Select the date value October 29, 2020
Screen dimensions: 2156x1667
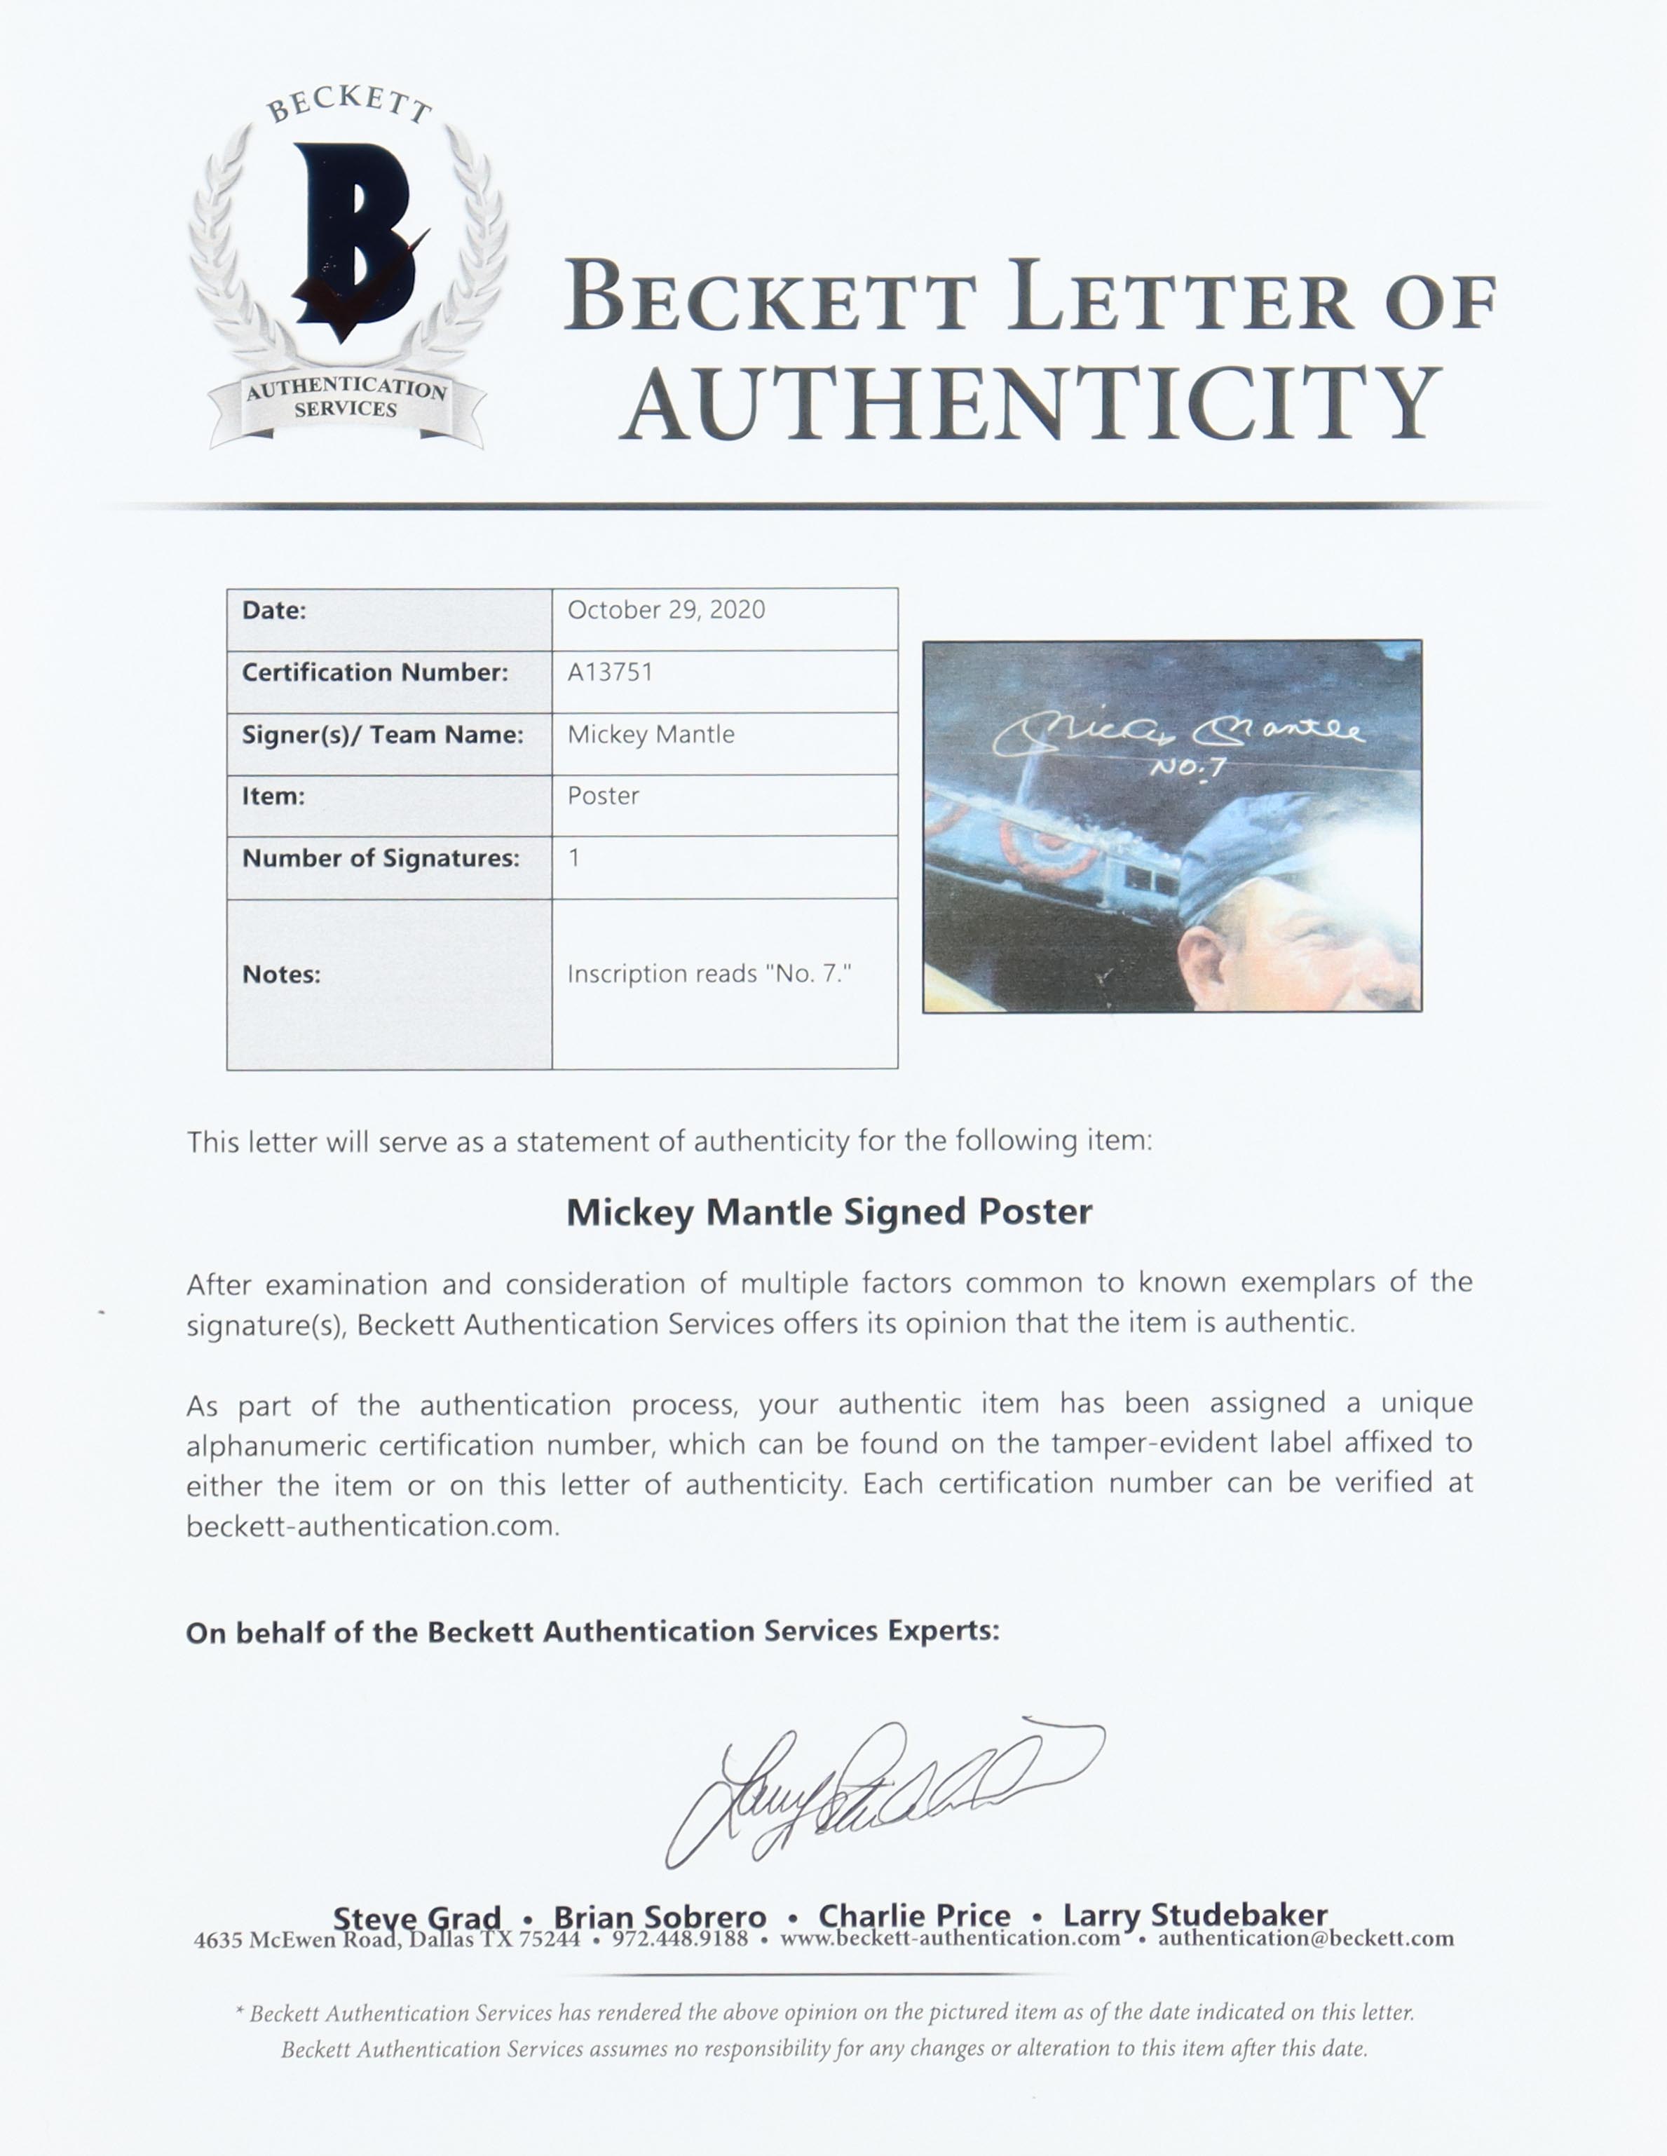click(x=666, y=610)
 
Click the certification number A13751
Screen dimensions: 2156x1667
click(x=610, y=672)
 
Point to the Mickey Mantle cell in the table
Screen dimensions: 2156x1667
click(x=651, y=735)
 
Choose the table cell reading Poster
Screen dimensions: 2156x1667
click(x=603, y=796)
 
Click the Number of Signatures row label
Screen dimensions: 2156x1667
click(x=380, y=858)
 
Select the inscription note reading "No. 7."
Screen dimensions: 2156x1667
click(x=709, y=975)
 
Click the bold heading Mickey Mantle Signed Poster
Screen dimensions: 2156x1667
click(x=829, y=1212)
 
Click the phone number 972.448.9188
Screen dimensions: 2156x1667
click(x=680, y=1939)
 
